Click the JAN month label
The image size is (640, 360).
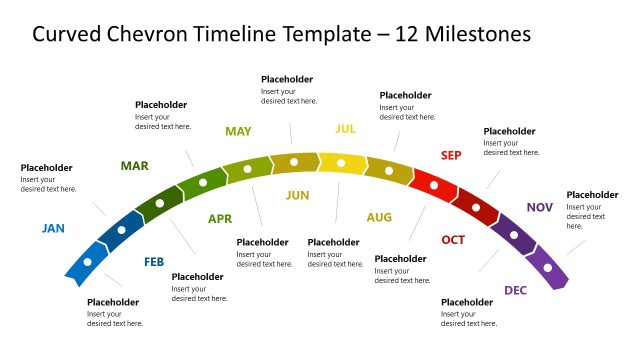click(53, 228)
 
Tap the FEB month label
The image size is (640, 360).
click(154, 262)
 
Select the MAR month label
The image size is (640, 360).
click(135, 165)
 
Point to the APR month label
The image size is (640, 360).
click(220, 219)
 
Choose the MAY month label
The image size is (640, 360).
click(238, 131)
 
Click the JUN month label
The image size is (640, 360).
click(298, 195)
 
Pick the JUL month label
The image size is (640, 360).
click(345, 129)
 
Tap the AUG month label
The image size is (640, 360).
click(379, 217)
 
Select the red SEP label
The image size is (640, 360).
click(451, 155)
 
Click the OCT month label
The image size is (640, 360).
click(453, 240)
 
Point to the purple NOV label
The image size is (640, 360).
click(540, 207)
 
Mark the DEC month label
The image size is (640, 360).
click(515, 290)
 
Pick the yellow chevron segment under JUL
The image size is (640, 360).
click(342, 162)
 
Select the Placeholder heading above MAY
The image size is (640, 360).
click(287, 79)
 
